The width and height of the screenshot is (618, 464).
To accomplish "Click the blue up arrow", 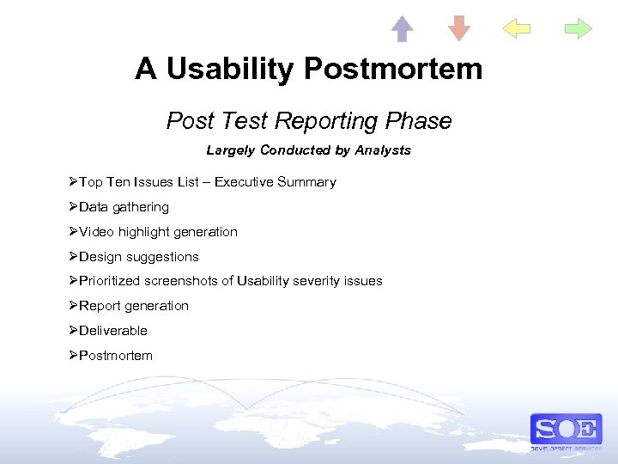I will coord(403,29).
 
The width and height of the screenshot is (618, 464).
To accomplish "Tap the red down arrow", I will coord(459,29).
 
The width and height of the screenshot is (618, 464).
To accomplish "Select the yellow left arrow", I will coord(517,29).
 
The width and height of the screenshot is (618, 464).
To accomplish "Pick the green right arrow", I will coord(579,29).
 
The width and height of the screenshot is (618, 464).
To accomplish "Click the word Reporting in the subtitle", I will coord(314,121).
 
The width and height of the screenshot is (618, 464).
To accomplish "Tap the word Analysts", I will coord(381,150).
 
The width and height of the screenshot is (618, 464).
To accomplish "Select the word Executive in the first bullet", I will coord(243,182).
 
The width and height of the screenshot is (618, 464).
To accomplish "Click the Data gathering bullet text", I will coord(124,207).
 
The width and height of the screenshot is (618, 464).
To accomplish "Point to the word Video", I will coord(95,232).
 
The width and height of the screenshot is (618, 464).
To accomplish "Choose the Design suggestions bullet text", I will coord(138,257).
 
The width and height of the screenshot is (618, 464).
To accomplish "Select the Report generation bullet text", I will coord(133,306).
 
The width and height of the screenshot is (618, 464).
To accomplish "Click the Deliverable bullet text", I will coord(112,331).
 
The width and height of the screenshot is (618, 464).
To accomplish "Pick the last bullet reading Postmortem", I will coord(115,356).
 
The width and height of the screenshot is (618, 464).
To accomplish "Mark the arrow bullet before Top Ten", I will coord(74,182).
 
